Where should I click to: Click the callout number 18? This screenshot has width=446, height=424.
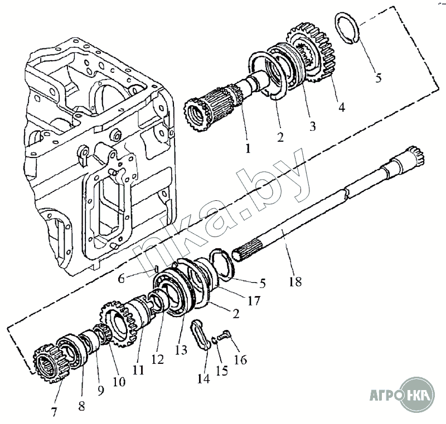tap(295, 282)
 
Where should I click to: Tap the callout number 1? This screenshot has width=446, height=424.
tap(248, 148)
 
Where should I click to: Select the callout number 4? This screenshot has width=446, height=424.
tap(341, 107)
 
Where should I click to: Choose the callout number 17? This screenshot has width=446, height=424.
tap(254, 301)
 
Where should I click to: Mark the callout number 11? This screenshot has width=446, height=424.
tap(138, 369)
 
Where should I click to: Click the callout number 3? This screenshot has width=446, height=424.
tap(312, 126)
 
